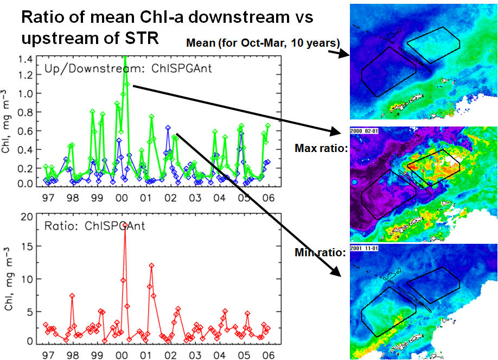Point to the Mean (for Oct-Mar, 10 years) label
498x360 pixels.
tap(263, 43)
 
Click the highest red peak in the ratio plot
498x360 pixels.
tap(124, 224)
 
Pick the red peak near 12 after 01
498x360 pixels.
tap(152, 266)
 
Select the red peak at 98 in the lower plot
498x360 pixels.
tap(72, 295)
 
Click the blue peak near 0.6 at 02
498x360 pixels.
tap(168, 128)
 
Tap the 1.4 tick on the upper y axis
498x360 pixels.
tap(24, 58)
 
